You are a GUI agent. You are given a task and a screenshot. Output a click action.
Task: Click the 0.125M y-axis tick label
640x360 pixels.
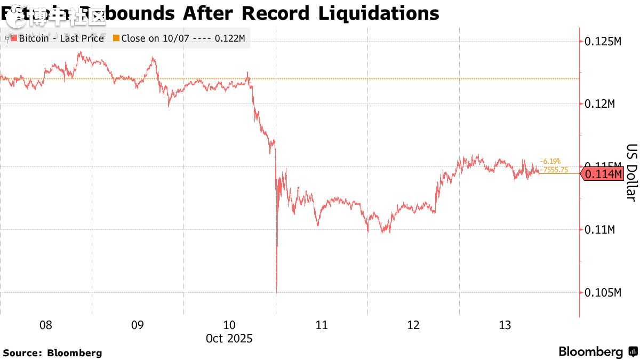603,41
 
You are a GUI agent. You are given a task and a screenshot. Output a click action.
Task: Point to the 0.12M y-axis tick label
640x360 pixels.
600,103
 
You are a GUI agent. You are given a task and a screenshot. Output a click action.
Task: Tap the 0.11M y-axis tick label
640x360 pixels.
600,230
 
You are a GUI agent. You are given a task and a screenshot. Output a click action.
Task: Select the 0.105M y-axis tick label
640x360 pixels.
603,293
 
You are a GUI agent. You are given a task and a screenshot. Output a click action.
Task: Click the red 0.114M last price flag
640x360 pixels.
603,174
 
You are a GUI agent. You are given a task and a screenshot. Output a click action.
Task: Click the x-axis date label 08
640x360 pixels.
46,325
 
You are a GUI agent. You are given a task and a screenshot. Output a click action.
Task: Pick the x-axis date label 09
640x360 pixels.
138,325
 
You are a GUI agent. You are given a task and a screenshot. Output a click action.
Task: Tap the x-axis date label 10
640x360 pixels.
229,325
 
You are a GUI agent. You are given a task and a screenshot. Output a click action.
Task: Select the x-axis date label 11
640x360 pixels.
322,325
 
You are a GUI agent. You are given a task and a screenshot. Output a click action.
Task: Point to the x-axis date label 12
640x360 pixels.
413,325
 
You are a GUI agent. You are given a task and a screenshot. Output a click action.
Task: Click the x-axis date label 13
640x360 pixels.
505,325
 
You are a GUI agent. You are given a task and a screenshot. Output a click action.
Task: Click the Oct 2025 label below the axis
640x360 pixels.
230,339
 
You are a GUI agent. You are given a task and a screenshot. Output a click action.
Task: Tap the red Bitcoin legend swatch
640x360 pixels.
14,38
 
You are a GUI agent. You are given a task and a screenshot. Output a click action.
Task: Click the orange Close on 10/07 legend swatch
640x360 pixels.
116,38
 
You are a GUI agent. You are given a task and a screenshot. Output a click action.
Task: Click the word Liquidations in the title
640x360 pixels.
379,13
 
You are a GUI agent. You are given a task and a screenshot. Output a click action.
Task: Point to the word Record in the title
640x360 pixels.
275,13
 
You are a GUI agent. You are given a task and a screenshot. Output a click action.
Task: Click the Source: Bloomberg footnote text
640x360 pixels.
52,353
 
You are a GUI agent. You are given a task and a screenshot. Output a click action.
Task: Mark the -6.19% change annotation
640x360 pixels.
550,161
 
